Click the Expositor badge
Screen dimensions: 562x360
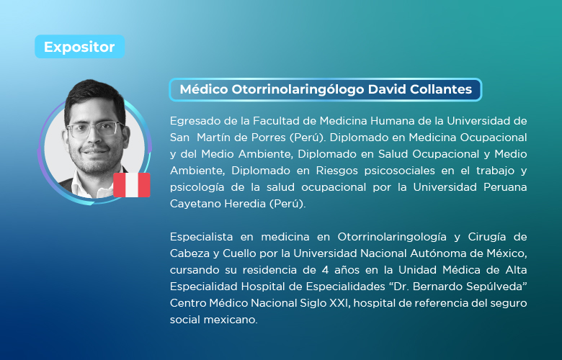pos(79,47)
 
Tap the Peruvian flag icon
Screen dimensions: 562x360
pos(132,185)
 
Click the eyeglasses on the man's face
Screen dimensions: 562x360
pos(95,130)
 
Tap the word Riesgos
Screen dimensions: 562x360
pos(336,171)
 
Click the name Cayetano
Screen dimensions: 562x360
pos(195,204)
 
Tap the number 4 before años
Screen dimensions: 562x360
pos(325,270)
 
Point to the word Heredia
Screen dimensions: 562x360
pos(246,204)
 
